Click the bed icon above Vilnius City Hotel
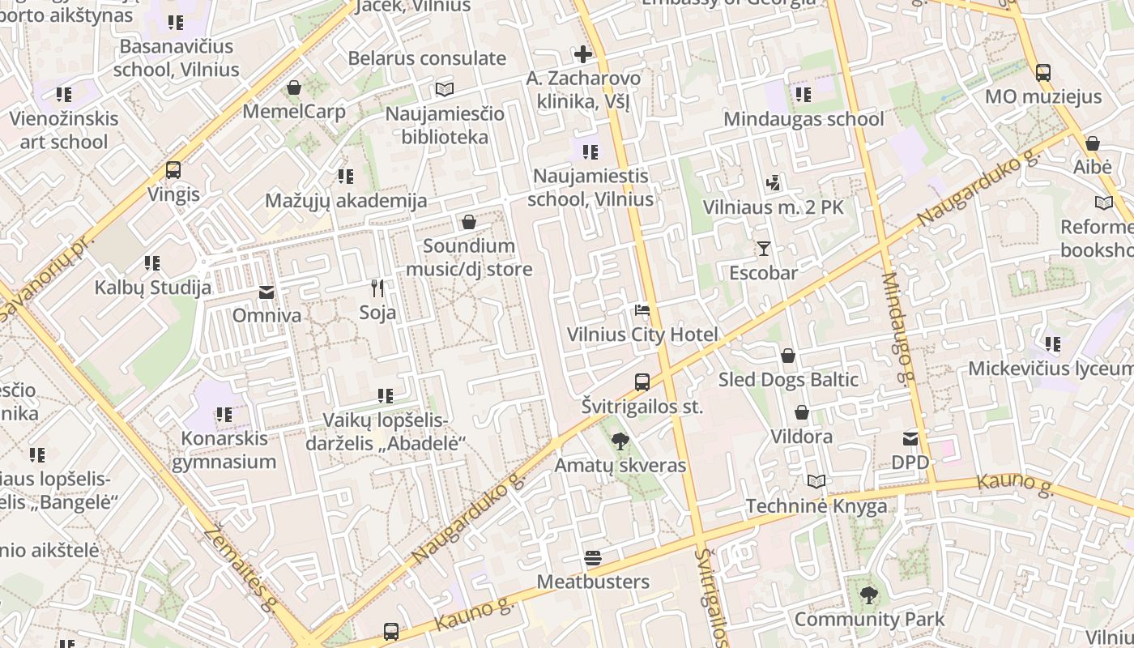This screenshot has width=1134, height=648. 642,310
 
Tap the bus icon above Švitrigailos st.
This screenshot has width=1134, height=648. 642,382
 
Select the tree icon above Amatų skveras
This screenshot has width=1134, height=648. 620,441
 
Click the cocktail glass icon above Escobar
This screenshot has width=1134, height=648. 763,249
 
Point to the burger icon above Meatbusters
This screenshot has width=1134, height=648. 593,558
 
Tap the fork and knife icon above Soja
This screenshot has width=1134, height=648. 377,288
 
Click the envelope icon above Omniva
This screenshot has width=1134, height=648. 266,292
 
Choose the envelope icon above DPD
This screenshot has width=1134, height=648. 910,439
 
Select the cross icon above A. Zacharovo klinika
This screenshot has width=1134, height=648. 582,55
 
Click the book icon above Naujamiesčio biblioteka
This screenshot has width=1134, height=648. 445,89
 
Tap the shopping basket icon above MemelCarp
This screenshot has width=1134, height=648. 294,87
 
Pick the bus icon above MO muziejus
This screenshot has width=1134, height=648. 1043,73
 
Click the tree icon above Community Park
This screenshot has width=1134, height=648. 868,596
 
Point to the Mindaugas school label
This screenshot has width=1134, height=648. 804,119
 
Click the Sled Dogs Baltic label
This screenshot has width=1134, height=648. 788,379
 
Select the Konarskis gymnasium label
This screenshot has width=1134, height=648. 224,450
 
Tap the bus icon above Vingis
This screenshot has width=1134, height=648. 173,170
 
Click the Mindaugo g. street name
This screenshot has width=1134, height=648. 898,328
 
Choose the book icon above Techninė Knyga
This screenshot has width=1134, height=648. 816,482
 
